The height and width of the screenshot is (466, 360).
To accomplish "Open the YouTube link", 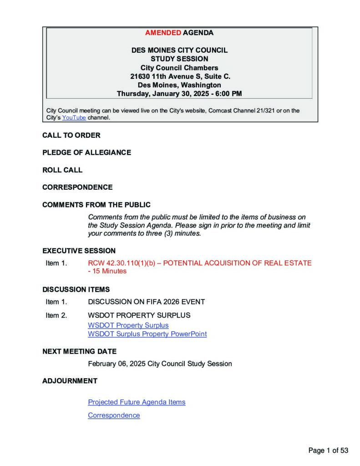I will (x=74, y=117).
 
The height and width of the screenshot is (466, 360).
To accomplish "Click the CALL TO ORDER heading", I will (x=71, y=135).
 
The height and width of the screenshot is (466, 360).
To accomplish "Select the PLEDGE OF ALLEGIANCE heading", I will (x=86, y=152).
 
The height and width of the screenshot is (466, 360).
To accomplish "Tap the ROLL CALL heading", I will (x=62, y=170).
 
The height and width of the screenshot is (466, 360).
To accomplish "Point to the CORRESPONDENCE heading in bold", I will (x=77, y=187).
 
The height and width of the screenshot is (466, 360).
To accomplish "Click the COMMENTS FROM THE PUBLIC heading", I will (x=96, y=205).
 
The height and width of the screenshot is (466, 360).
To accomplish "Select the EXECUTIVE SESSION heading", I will (x=79, y=251).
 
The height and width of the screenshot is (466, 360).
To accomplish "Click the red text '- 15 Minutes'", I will (x=107, y=271).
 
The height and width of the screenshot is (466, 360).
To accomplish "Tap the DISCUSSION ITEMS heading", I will (x=76, y=289).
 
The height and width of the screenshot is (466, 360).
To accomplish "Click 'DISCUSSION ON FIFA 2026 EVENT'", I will (x=146, y=302).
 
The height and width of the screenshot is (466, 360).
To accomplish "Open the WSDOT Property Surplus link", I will (x=128, y=325).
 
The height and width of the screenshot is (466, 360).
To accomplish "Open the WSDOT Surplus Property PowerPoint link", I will (x=147, y=334).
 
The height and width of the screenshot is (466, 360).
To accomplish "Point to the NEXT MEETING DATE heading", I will (x=79, y=351).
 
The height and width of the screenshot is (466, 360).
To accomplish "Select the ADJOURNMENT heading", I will (x=70, y=381).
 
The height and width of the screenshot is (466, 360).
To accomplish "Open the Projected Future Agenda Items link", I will (x=137, y=402).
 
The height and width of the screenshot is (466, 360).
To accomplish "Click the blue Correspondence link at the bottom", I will (x=114, y=415).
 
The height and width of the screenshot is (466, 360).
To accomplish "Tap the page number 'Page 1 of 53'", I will (x=328, y=451).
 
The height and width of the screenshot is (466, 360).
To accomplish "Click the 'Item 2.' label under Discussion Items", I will (x=56, y=315).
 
